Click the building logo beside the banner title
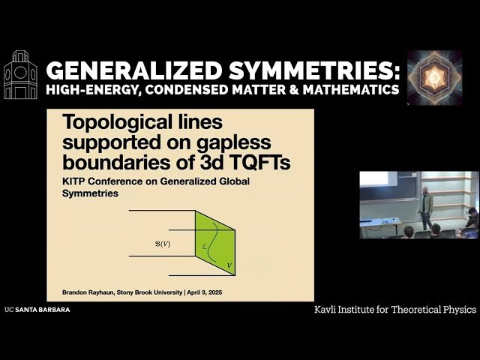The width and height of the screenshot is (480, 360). click(20, 74)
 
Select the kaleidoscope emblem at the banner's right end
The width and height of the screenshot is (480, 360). click(434, 76)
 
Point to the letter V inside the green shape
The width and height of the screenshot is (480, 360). click(228, 264)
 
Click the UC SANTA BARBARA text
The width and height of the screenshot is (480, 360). click(37, 309)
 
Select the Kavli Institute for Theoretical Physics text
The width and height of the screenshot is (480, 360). click(394, 309)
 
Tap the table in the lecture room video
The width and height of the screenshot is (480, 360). click(383, 223)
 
